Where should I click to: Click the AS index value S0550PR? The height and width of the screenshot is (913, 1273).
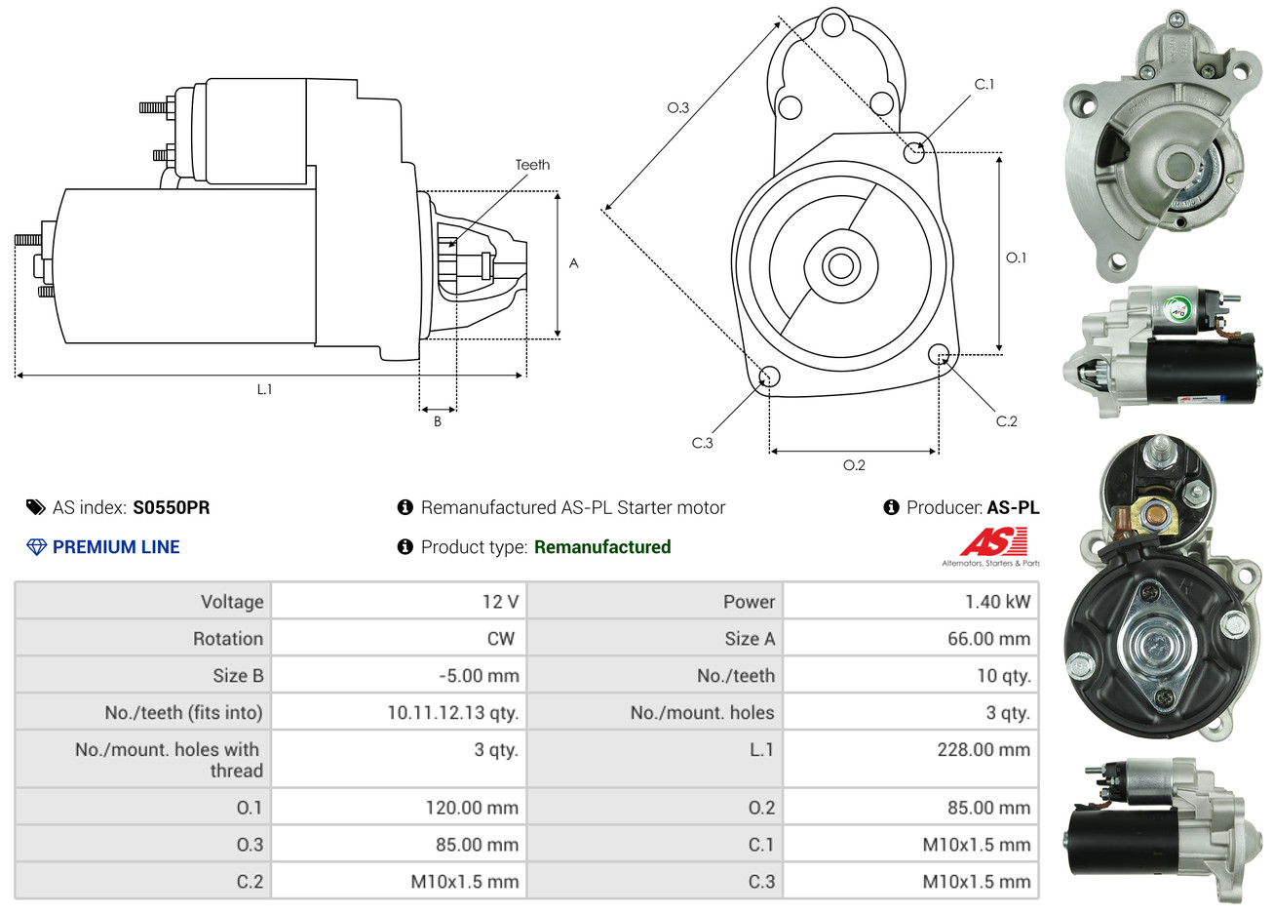click(x=171, y=507)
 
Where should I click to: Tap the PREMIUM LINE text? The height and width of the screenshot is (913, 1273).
click(x=116, y=547)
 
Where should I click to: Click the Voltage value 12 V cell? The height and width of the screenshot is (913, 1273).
click(x=500, y=602)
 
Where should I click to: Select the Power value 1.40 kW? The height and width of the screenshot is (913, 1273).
click(x=997, y=602)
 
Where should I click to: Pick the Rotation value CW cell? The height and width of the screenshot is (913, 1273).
click(x=500, y=639)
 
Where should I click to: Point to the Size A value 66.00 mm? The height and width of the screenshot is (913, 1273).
click(x=988, y=639)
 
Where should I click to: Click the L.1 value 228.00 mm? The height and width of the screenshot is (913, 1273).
click(x=983, y=750)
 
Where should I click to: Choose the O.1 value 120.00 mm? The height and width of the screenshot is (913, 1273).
click(x=472, y=808)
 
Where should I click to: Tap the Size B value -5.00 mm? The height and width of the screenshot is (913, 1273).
click(x=479, y=676)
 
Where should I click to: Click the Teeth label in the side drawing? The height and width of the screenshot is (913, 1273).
click(x=532, y=165)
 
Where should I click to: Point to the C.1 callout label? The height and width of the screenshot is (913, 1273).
click(x=984, y=84)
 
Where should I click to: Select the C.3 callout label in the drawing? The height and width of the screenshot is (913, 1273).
click(x=703, y=443)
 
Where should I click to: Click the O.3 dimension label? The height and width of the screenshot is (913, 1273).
click(x=677, y=107)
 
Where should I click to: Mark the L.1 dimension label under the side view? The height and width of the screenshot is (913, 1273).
click(x=264, y=389)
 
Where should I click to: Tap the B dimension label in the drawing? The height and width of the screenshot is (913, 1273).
click(x=438, y=421)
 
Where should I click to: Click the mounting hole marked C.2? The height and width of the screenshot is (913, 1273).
click(x=939, y=353)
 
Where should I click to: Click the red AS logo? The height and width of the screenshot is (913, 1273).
click(x=993, y=541)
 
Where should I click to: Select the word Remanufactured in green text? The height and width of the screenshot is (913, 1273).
click(x=602, y=547)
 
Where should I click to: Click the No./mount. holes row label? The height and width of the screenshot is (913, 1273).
click(x=702, y=713)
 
